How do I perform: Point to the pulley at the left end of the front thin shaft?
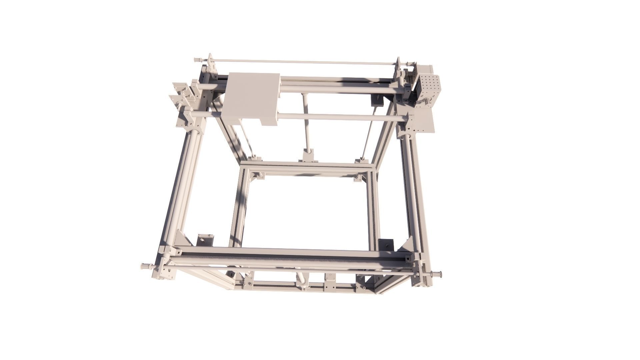point(145,266)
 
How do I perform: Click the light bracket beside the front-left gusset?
point(205,240)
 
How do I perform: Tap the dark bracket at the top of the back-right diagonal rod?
point(378,100)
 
